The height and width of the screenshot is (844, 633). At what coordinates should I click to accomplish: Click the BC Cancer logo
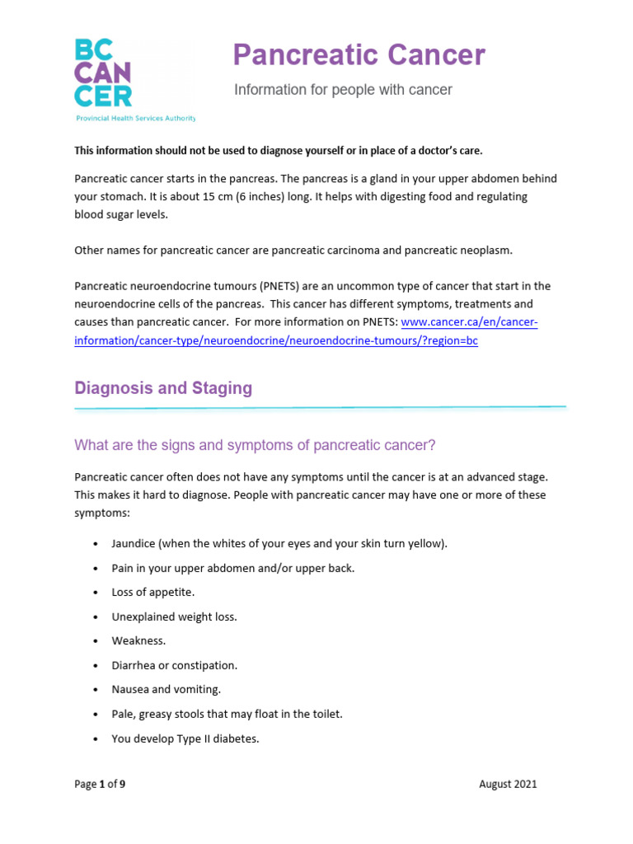pyautogui.click(x=104, y=73)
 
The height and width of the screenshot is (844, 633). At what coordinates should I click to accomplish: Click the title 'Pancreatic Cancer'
pyautogui.click(x=359, y=55)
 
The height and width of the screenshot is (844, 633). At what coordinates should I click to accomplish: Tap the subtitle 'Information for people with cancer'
pyautogui.click(x=343, y=90)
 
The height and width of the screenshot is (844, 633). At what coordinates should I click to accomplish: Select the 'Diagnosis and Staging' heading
pyautogui.click(x=163, y=388)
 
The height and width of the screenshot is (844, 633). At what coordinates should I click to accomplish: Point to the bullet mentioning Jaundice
pyautogui.click(x=279, y=544)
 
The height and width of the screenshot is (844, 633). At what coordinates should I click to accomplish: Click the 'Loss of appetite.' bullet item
pyautogui.click(x=153, y=593)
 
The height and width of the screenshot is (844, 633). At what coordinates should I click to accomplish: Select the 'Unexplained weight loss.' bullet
pyautogui.click(x=174, y=617)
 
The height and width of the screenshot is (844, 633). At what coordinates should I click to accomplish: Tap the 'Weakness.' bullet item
pyautogui.click(x=138, y=641)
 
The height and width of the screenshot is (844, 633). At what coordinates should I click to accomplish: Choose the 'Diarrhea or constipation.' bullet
pyautogui.click(x=174, y=665)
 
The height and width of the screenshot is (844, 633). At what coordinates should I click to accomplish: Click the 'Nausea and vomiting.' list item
pyautogui.click(x=166, y=690)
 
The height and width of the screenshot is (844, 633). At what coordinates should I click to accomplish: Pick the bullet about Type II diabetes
pyautogui.click(x=185, y=738)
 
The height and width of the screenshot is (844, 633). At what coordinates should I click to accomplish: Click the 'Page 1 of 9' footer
pyautogui.click(x=100, y=784)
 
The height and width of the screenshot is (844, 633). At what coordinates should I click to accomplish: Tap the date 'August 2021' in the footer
pyautogui.click(x=508, y=784)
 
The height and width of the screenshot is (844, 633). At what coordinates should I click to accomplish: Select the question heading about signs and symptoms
pyautogui.click(x=255, y=446)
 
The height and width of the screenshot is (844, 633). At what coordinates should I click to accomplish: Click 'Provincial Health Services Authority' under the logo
pyautogui.click(x=135, y=119)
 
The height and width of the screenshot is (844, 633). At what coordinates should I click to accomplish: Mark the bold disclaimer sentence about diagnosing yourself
pyautogui.click(x=278, y=151)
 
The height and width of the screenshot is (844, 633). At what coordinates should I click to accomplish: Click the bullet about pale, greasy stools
pyautogui.click(x=227, y=714)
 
